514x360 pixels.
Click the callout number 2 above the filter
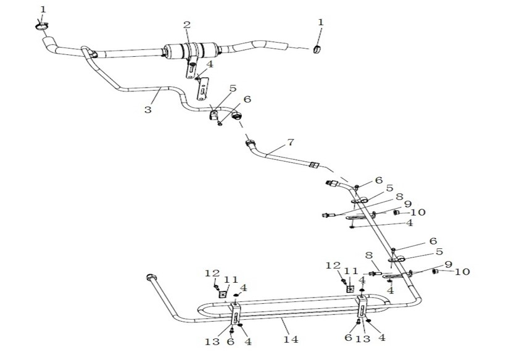[x=186, y=25]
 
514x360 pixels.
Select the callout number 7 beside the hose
[x=291, y=143]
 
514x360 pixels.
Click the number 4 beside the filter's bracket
[x=210, y=64]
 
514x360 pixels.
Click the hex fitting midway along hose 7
[x=313, y=165]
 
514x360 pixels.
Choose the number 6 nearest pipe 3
[x=247, y=99]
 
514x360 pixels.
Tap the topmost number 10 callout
[x=418, y=212]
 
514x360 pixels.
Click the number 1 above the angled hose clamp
[x=43, y=9]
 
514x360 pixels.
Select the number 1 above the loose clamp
[x=320, y=22]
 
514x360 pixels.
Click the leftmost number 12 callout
[x=212, y=273]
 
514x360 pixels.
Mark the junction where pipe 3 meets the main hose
[x=86, y=51]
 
